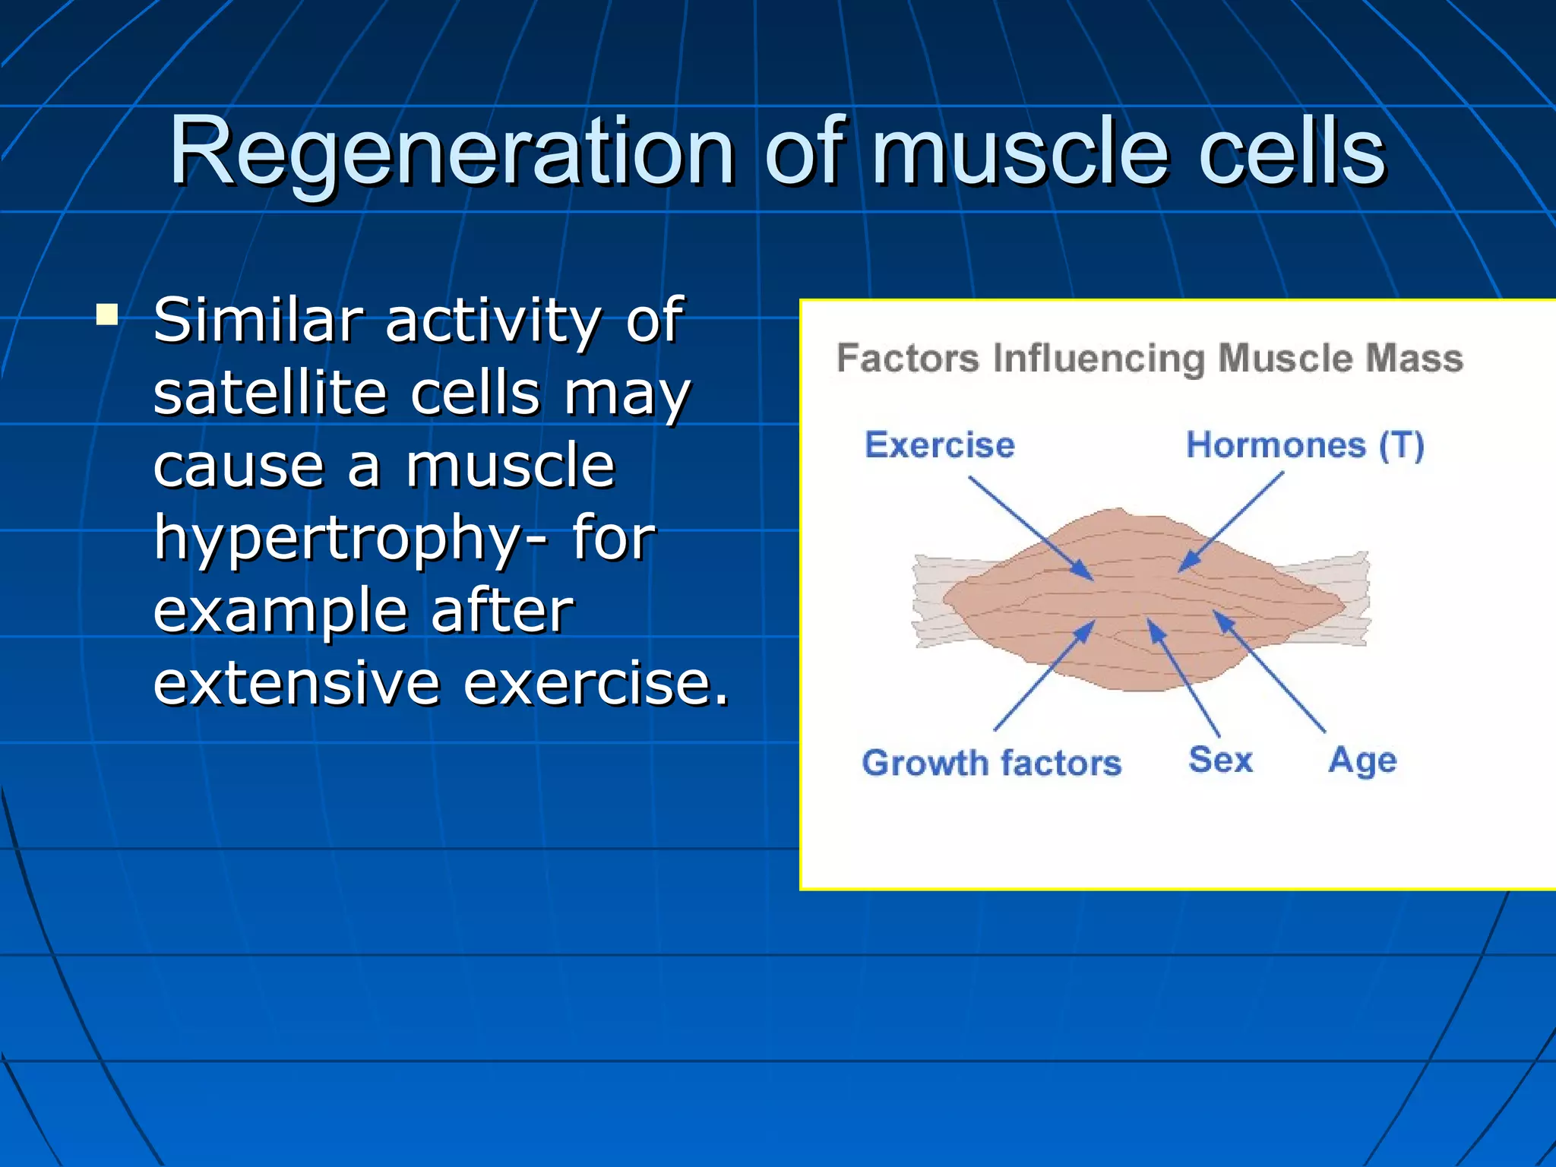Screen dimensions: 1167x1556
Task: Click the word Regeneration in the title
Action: click(x=451, y=152)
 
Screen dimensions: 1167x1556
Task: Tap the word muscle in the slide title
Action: click(x=1020, y=152)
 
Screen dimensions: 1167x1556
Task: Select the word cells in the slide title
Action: click(x=1292, y=152)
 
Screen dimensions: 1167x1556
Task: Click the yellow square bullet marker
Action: click(x=107, y=315)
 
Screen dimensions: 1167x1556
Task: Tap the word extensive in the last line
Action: click(x=296, y=682)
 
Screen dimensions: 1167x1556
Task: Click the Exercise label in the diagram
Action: click(x=939, y=444)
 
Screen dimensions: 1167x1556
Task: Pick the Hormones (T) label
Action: click(x=1305, y=444)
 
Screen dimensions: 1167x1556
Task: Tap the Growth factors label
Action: click(x=991, y=762)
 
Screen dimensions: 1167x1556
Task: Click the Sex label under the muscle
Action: click(x=1220, y=759)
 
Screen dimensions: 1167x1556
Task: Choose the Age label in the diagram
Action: click(x=1362, y=760)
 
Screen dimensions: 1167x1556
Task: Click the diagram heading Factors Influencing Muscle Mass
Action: click(x=1149, y=358)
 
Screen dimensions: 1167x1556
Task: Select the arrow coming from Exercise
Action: click(x=1029, y=528)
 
